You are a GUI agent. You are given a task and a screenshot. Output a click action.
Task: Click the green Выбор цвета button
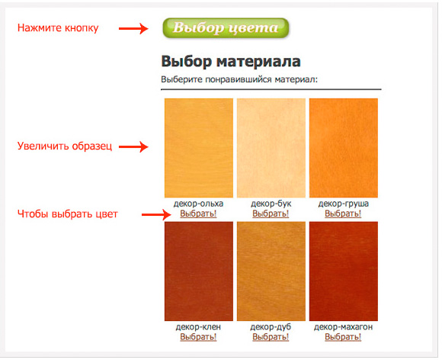226,27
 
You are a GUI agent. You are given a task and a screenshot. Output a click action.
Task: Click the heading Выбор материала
231,61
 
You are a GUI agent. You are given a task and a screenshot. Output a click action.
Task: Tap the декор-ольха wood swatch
199,148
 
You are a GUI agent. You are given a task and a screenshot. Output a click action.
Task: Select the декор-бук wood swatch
271,148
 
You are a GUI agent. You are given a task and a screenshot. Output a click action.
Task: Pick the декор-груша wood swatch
344,148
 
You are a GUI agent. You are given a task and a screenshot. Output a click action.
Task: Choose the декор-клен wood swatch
199,271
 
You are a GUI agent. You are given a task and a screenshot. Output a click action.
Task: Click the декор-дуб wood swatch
271,271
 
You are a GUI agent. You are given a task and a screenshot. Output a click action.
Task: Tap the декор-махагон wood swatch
344,271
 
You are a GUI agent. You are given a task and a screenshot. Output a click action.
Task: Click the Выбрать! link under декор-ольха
198,214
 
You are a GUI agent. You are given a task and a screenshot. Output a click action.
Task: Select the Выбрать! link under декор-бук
271,214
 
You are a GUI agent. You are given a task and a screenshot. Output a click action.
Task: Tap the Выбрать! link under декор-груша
343,214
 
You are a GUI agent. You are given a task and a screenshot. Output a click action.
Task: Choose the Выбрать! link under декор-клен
198,336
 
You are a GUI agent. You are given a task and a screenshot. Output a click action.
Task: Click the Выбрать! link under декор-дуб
271,336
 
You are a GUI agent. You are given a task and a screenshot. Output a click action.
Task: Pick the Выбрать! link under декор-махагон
343,336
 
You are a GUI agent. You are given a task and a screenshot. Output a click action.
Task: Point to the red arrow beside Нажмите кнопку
133,28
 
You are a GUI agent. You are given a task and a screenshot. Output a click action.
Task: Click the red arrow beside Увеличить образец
133,146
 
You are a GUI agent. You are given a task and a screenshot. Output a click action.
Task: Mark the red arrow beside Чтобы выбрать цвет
156,214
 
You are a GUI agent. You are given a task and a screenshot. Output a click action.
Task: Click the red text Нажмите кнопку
58,28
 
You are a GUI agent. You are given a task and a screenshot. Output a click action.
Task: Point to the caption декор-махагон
343,327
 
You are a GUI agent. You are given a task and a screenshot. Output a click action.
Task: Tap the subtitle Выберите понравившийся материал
239,79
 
